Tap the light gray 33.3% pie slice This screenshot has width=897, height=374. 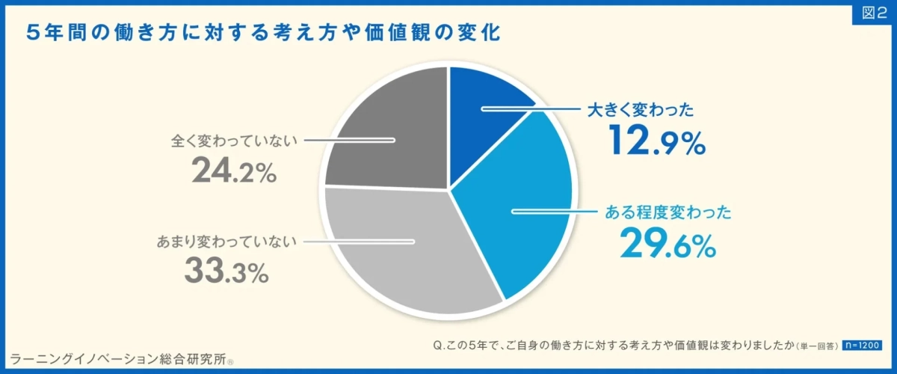[x=404, y=254]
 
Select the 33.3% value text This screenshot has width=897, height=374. [x=226, y=271]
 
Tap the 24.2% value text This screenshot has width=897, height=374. [x=234, y=170]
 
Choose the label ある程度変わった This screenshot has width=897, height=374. [x=667, y=212]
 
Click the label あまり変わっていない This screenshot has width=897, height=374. [x=227, y=242]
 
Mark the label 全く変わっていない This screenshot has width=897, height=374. [x=234, y=140]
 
